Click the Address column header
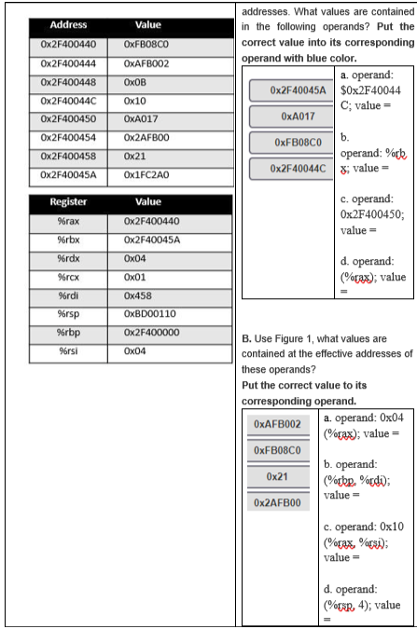pyautogui.click(x=67, y=25)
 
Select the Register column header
pyautogui.click(x=68, y=201)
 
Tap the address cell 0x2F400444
pyautogui.click(x=67, y=62)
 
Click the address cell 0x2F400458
pyautogui.click(x=67, y=156)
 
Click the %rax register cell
pyautogui.click(x=67, y=221)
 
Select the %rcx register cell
pyautogui.click(x=67, y=277)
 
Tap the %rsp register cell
pyautogui.click(x=67, y=314)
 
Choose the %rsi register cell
pyautogui.click(x=67, y=351)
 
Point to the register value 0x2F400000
pyautogui.click(x=152, y=333)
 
